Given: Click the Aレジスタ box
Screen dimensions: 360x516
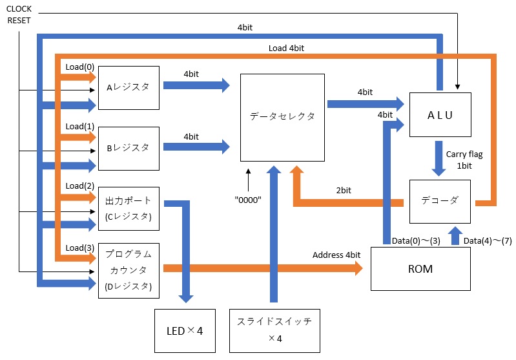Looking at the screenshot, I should coord(128,87).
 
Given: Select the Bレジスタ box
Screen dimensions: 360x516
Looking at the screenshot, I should coord(128,148).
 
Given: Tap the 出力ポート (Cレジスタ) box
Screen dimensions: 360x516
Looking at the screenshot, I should coord(128,209).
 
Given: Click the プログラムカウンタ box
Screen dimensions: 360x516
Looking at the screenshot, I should coord(128,270).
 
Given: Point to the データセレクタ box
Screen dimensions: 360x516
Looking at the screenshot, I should coord(282,117).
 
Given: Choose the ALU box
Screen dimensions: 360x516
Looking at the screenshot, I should coord(440,114).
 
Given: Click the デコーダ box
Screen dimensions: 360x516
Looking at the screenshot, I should coord(440,200).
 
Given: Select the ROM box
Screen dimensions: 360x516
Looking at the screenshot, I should coord(420,268).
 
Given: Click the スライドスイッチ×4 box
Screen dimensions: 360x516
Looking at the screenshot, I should coord(275,330).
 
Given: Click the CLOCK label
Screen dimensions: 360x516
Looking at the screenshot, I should coord(19,9).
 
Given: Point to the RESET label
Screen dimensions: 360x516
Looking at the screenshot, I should coord(19,21).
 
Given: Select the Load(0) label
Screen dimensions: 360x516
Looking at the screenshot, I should coord(79,67).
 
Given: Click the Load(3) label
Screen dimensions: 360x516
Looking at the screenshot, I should coord(79,248).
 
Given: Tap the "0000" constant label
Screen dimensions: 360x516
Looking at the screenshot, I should coord(248,200).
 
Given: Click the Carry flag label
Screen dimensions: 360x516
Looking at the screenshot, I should coord(464,154).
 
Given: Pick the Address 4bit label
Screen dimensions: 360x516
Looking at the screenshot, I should coord(336,255).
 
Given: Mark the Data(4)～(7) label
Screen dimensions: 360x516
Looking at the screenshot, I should coord(488,240).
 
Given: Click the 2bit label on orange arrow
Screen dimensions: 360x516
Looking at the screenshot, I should coord(345,191).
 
